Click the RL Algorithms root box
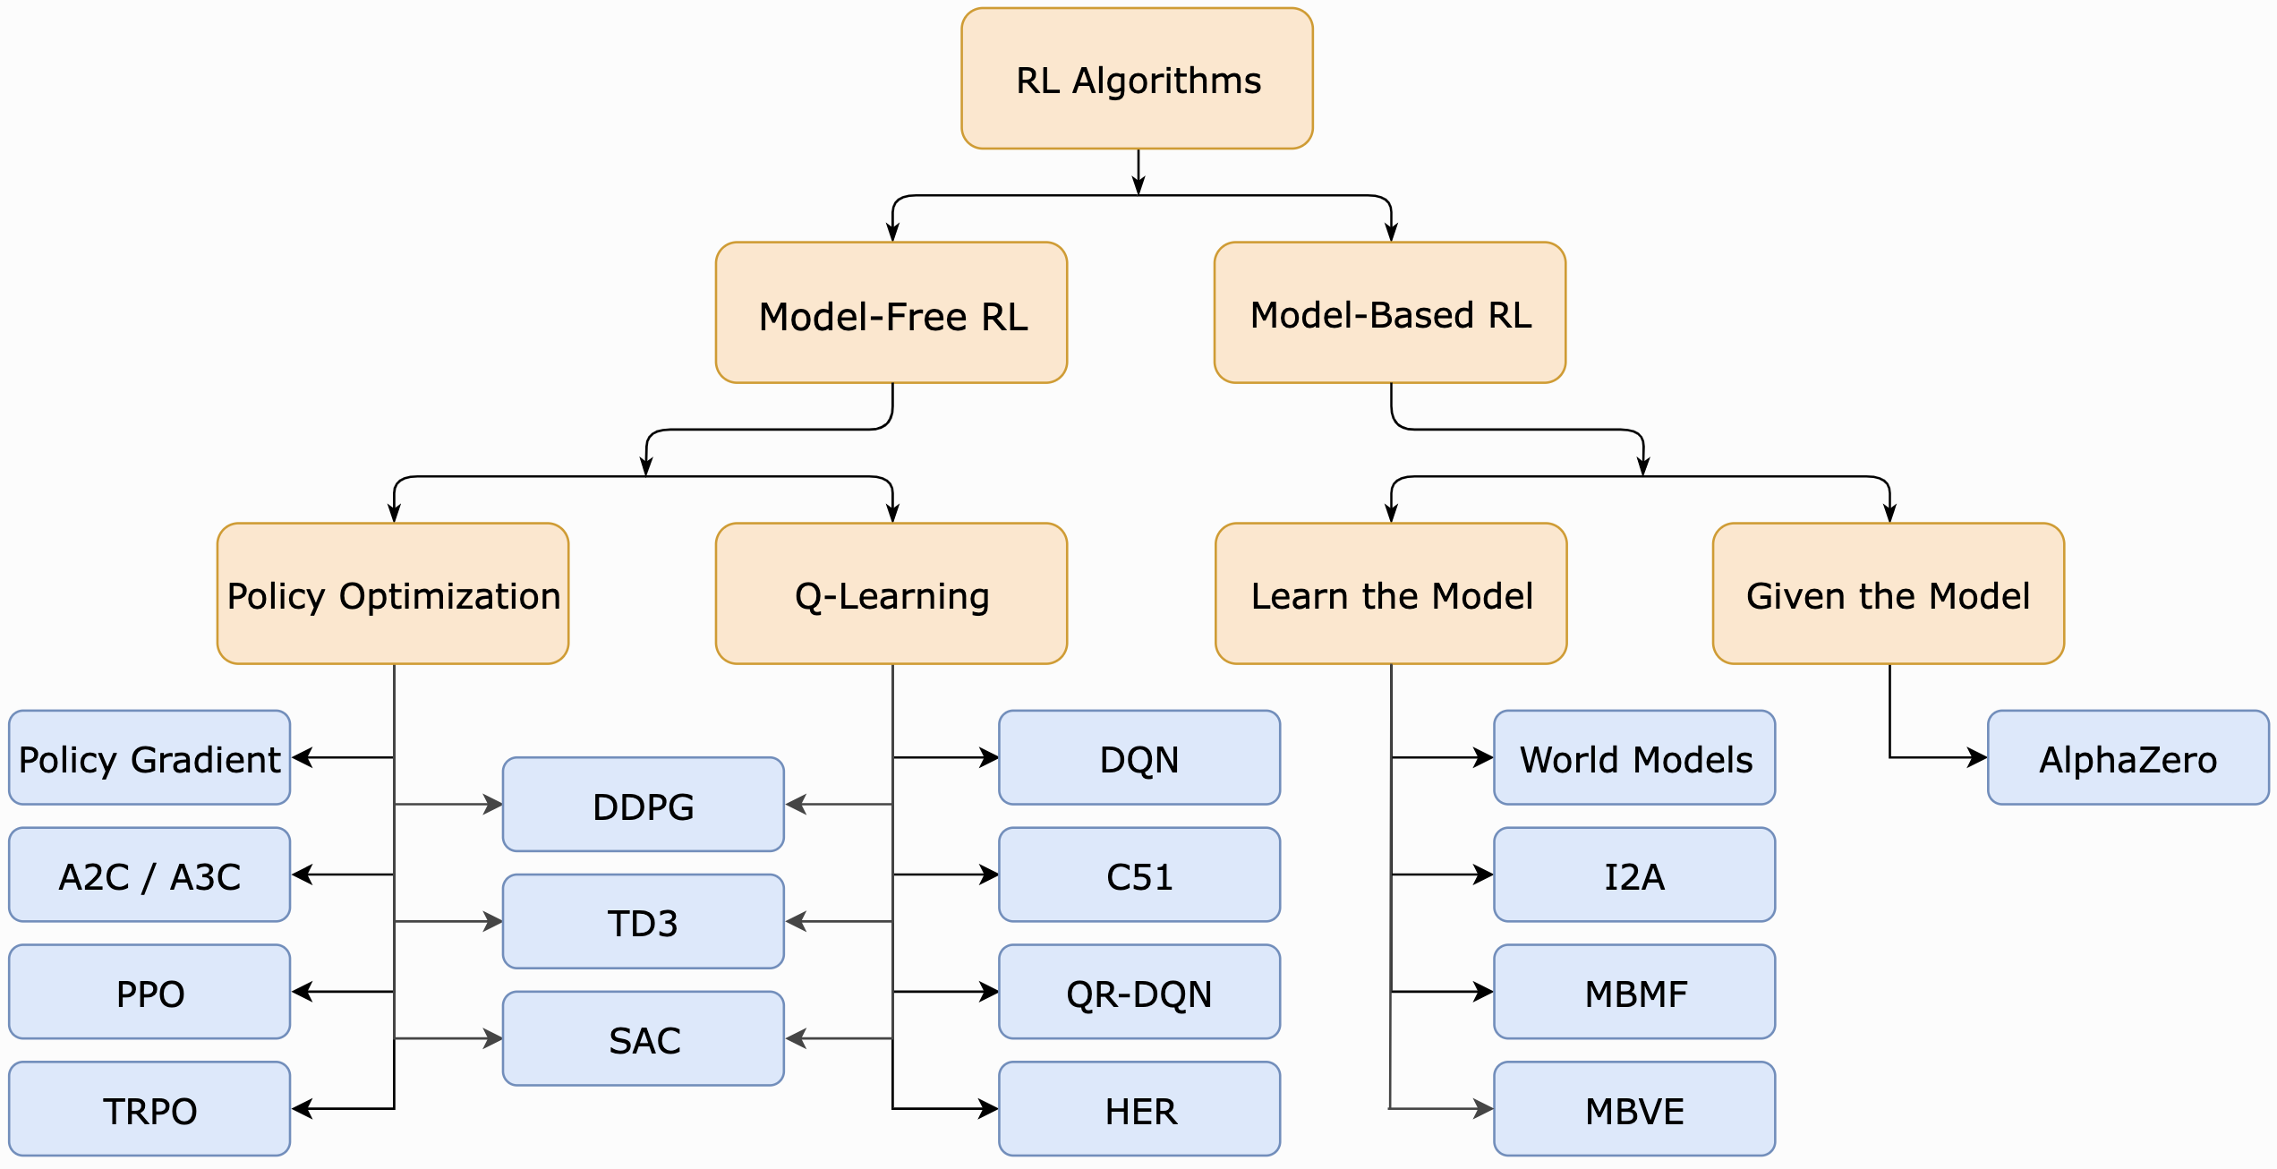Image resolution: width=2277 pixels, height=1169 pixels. coord(1137,79)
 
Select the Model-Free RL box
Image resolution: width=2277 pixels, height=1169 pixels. coord(891,313)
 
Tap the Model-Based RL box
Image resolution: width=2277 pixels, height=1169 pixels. coord(1390,313)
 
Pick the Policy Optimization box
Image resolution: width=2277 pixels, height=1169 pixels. coord(393,594)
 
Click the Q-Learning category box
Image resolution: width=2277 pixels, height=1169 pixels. coord(891,594)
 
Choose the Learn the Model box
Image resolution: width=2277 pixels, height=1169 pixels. coord(1391,594)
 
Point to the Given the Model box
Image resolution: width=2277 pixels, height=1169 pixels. coord(1889,594)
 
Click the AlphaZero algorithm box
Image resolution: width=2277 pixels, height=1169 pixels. coord(2128,758)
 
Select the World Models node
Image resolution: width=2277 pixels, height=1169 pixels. coord(1634,758)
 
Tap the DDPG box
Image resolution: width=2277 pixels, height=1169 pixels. coord(643,805)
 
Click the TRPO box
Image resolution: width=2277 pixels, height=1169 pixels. coord(149,1109)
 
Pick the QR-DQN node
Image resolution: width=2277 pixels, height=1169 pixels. coord(1138,992)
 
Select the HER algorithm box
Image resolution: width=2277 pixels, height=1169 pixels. coord(1138,1109)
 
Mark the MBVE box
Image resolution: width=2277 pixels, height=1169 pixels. coord(1634,1109)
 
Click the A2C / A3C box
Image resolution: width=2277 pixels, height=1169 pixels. coord(149,875)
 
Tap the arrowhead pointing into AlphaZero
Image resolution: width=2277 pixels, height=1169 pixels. coord(1978,758)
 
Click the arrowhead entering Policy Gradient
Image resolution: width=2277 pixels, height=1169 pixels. coord(302,758)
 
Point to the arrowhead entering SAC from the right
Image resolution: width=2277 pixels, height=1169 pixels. coord(795,1038)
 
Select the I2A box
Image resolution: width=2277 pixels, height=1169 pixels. coord(1634,875)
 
